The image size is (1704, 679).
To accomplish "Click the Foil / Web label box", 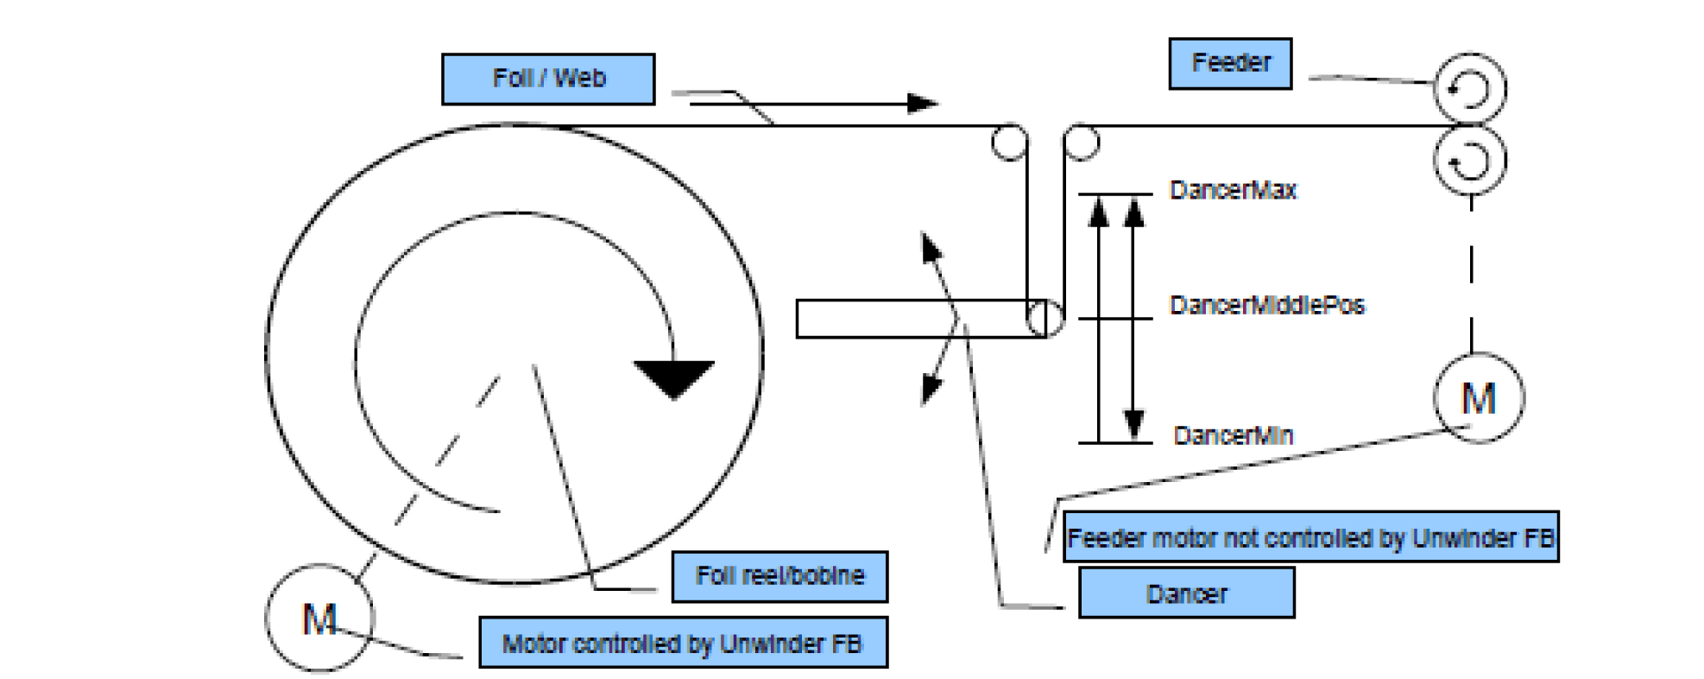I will point(548,79).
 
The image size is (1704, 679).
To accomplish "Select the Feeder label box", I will point(1230,63).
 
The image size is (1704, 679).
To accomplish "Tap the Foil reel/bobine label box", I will point(779,576).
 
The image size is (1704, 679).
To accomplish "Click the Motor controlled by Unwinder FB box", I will point(683,643).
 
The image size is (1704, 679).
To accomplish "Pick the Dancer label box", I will point(1186,593).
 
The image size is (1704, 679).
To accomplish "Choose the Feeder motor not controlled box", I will point(1310,537).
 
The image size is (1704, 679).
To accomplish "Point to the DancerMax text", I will point(1233,190).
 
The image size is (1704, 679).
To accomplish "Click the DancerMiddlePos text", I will point(1266,305).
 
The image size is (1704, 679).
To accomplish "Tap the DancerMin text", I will point(1234,435).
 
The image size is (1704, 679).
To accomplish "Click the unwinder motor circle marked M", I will point(319,618).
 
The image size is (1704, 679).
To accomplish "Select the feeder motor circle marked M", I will point(1478,398).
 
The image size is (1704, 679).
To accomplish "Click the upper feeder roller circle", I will point(1469,89).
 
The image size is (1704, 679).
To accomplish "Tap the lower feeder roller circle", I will point(1469,161).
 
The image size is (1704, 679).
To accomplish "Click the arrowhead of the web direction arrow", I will point(924,104).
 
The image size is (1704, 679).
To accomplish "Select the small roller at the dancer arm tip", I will point(1045,319).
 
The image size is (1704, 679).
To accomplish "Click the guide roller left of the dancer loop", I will point(1009,143).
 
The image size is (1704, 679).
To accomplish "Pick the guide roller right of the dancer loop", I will point(1081,143).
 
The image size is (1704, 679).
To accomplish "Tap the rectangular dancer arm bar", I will point(906,319).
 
